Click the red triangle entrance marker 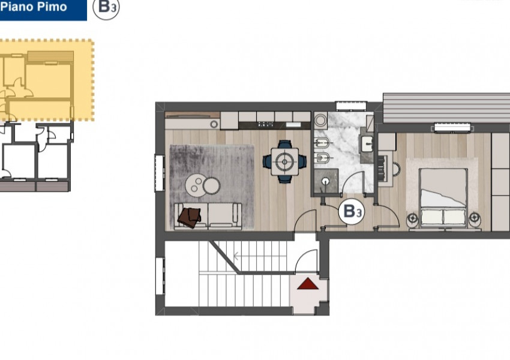point(307,284)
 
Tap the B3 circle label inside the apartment point(351,211)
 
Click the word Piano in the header point(19,7)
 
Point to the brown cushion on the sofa point(190,217)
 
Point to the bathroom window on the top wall point(351,107)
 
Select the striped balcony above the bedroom point(446,107)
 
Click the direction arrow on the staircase point(238,256)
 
